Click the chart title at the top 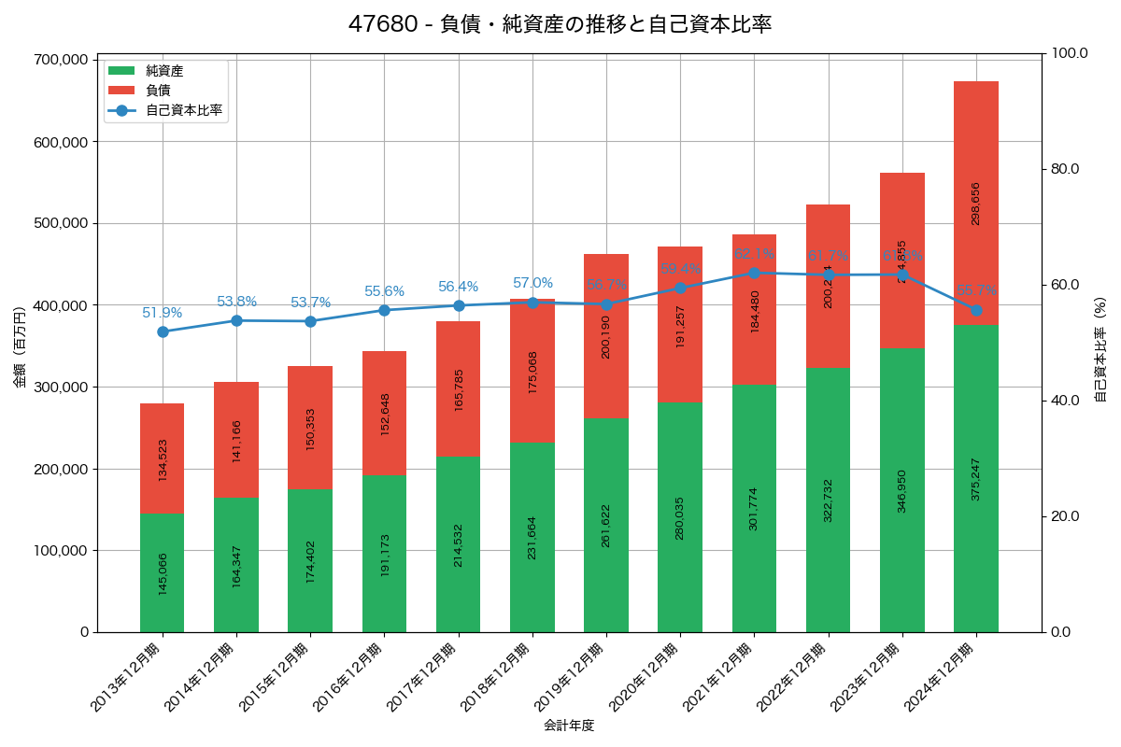click(560, 24)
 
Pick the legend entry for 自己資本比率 click(183, 110)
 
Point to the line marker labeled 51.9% click(163, 331)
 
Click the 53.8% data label click(236, 302)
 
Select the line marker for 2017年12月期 click(459, 305)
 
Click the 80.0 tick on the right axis click(1064, 169)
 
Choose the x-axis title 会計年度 click(569, 725)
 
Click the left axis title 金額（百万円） click(20, 345)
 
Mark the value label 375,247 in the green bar click(975, 478)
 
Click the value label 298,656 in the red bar click(975, 203)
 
